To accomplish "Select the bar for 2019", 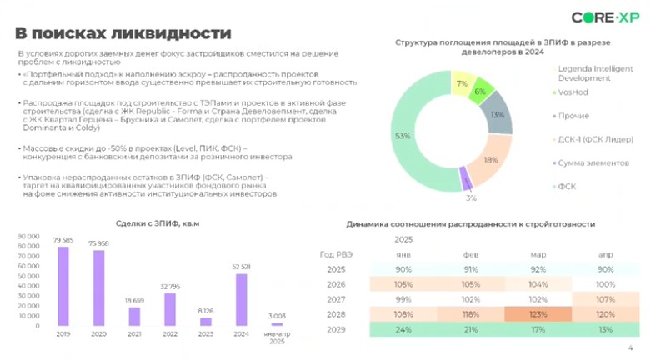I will click(63, 286).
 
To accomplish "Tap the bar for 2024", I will click(241, 299).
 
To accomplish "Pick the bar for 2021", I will click(135, 316).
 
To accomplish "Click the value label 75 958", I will click(99, 243).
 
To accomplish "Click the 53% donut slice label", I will click(403, 135).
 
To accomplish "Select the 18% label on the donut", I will click(490, 160).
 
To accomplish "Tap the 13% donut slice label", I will click(498, 116).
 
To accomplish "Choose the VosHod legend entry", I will click(574, 92).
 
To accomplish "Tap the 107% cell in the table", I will click(605, 300).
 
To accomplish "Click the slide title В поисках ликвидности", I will click(123, 33).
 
